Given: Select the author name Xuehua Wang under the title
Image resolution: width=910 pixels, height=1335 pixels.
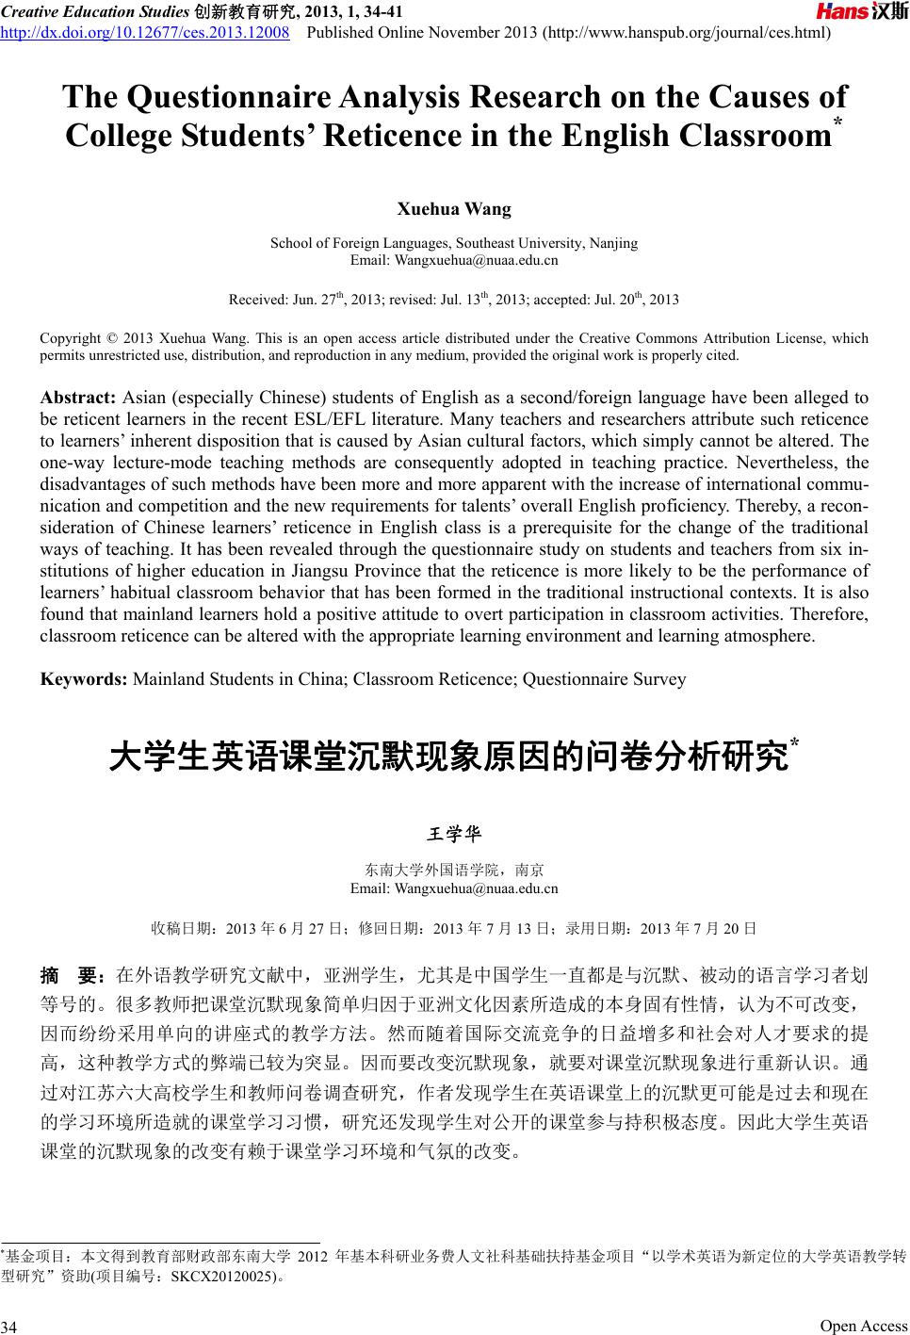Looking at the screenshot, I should click(454, 208).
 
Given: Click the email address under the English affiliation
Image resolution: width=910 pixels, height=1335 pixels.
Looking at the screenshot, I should click(454, 259).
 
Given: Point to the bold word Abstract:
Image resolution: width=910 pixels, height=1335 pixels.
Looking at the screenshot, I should click(79, 398).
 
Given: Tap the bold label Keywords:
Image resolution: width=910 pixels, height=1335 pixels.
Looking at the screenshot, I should click(84, 678).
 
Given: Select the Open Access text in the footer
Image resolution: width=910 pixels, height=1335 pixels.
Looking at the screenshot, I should click(863, 1326).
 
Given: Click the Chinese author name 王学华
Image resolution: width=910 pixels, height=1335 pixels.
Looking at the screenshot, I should click(454, 834).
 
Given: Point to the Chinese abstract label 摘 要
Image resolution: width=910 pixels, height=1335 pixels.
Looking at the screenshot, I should click(74, 973).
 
